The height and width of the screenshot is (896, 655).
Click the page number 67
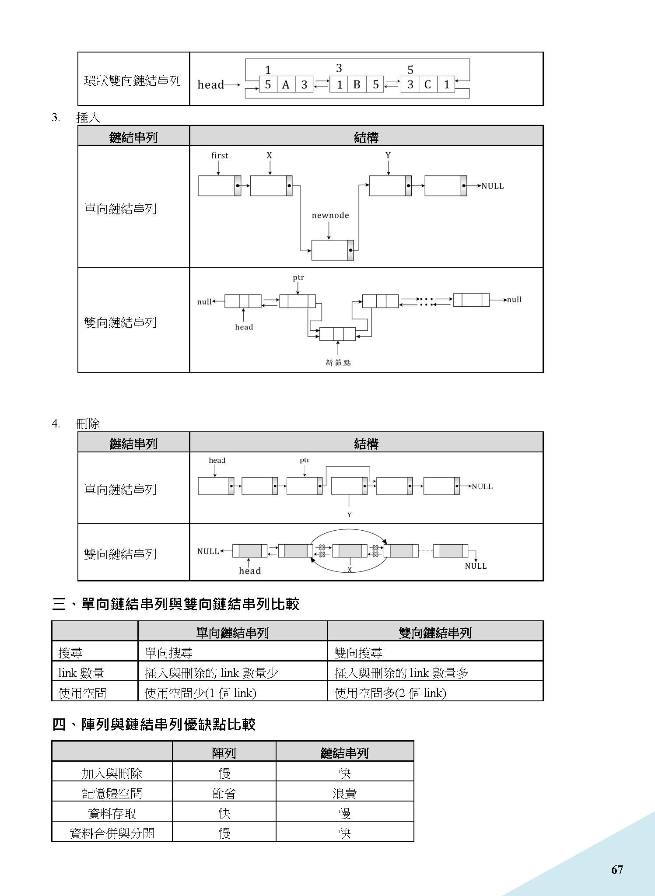click(617, 869)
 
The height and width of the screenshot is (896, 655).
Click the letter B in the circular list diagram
click(357, 84)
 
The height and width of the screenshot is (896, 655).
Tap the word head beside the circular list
click(211, 84)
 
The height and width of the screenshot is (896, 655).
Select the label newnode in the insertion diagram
click(330, 215)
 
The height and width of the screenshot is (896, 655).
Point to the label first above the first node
click(220, 155)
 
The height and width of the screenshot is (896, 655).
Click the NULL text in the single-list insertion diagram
click(493, 186)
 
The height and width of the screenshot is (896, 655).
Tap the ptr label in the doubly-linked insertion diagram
click(298, 277)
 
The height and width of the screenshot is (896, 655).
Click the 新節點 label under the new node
click(338, 362)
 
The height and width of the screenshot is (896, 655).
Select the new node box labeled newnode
click(330, 250)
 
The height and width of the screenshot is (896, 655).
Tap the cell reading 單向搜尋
click(168, 653)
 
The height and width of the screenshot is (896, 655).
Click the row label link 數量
click(81, 673)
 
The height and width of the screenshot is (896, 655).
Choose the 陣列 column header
click(224, 753)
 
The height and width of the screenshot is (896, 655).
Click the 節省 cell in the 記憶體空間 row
click(224, 793)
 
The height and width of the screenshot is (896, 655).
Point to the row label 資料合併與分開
click(112, 833)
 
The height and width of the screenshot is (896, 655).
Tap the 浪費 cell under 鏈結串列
click(345, 793)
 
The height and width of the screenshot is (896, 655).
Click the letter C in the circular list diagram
click(427, 84)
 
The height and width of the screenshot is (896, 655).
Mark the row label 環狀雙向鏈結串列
click(133, 80)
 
